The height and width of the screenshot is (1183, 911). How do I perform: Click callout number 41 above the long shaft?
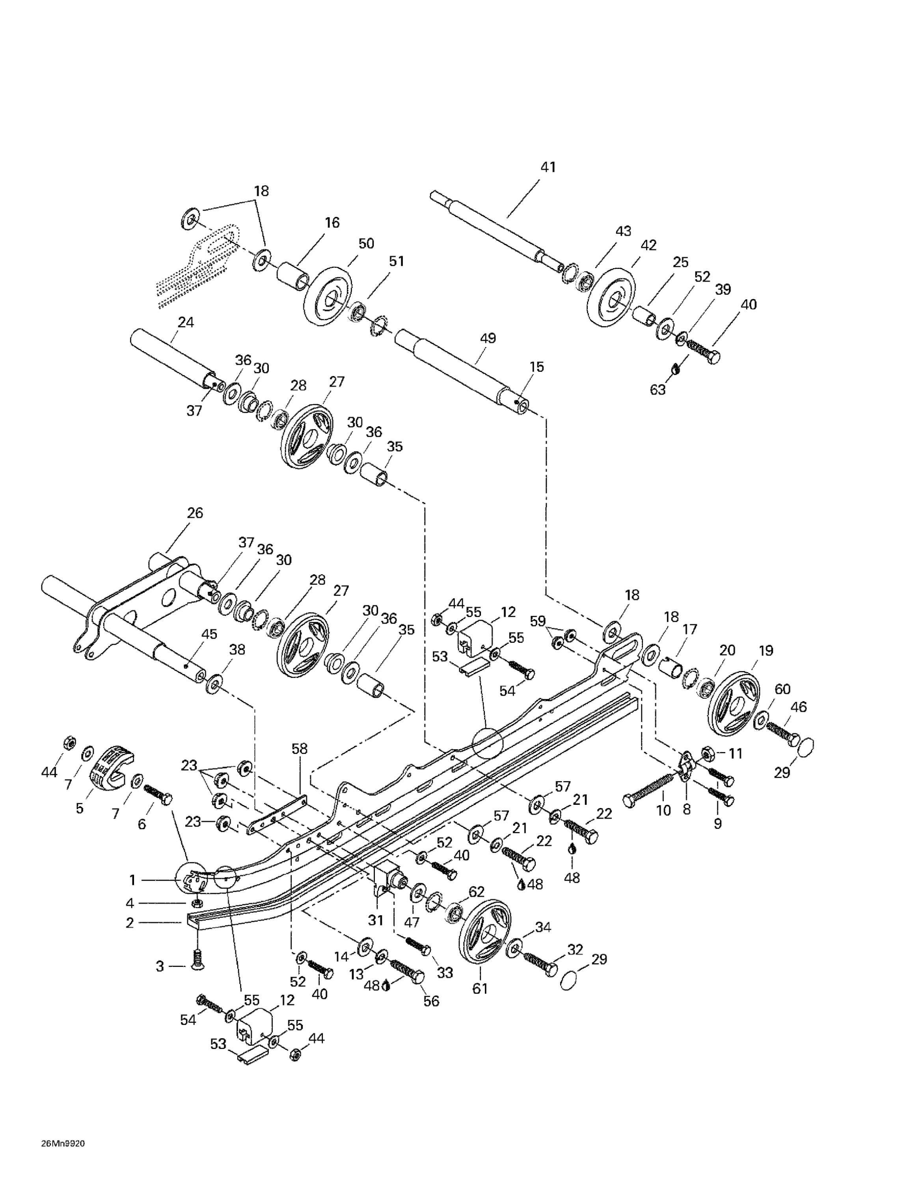pyautogui.click(x=548, y=167)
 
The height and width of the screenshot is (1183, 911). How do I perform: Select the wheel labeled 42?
pyautogui.click(x=610, y=298)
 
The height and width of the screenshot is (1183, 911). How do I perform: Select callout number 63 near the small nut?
pyautogui.click(x=658, y=390)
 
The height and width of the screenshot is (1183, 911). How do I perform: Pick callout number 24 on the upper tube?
pyautogui.click(x=186, y=322)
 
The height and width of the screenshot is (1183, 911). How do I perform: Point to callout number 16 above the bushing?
pyautogui.click(x=332, y=223)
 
